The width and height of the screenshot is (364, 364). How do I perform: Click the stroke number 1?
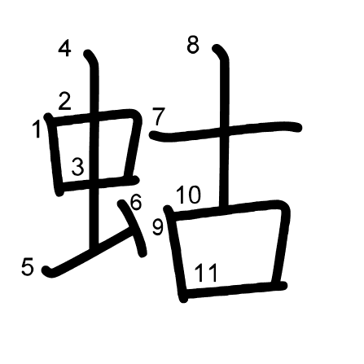36,129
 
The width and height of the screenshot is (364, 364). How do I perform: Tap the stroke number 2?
64,101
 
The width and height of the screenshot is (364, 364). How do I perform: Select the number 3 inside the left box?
78,167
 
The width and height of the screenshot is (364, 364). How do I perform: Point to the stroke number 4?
64,48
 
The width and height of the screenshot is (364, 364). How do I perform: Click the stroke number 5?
28,266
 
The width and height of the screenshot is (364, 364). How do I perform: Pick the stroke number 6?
136,202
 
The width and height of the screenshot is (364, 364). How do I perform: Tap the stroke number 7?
158,116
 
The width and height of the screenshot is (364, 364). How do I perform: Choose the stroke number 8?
193,45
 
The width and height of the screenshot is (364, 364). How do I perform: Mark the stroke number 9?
157,227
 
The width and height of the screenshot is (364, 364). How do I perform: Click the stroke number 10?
189,195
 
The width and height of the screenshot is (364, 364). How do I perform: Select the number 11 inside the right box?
206,273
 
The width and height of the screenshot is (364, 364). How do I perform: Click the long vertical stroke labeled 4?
94,149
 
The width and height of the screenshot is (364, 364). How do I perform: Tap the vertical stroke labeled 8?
224,125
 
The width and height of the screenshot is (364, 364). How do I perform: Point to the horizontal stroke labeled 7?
226,130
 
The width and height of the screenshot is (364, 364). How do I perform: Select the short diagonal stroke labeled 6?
134,227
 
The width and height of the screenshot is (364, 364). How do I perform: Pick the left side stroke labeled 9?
176,254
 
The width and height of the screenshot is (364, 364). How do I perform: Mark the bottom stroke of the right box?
235,289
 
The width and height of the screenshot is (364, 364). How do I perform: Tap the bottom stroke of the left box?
99,183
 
